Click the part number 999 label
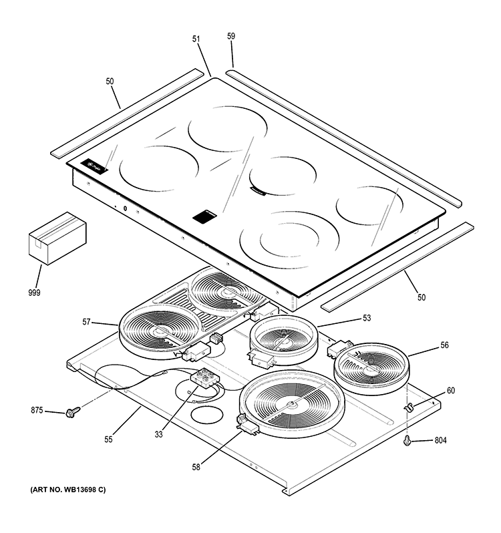34,293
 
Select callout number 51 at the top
196,39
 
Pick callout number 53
367,318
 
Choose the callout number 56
426,345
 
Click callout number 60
450,391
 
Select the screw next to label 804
407,440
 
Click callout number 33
158,434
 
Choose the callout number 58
196,467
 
